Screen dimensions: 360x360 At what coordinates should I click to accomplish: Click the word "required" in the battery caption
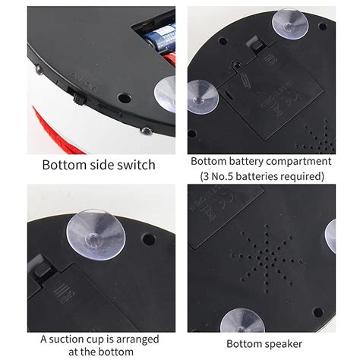coord(302,176)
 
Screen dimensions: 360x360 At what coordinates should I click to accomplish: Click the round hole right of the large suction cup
coord(149,239)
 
